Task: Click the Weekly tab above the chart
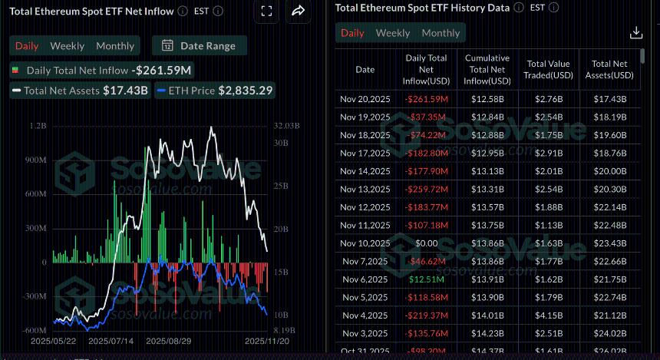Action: coord(68,46)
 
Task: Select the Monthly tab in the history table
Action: coord(441,33)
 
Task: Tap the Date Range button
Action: coord(200,46)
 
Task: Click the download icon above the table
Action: coord(635,33)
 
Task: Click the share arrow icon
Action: coord(299,11)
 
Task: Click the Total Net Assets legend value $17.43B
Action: coord(127,91)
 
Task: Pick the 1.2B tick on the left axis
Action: coord(36,126)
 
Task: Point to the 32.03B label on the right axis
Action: coord(286,126)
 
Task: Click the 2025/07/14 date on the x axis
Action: coord(111,340)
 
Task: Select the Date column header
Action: coord(365,69)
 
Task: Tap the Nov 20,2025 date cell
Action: coord(365,99)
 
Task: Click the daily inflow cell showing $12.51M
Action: coord(428,279)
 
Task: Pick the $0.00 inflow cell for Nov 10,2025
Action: coord(428,243)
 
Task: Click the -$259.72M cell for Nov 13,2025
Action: coord(428,190)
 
